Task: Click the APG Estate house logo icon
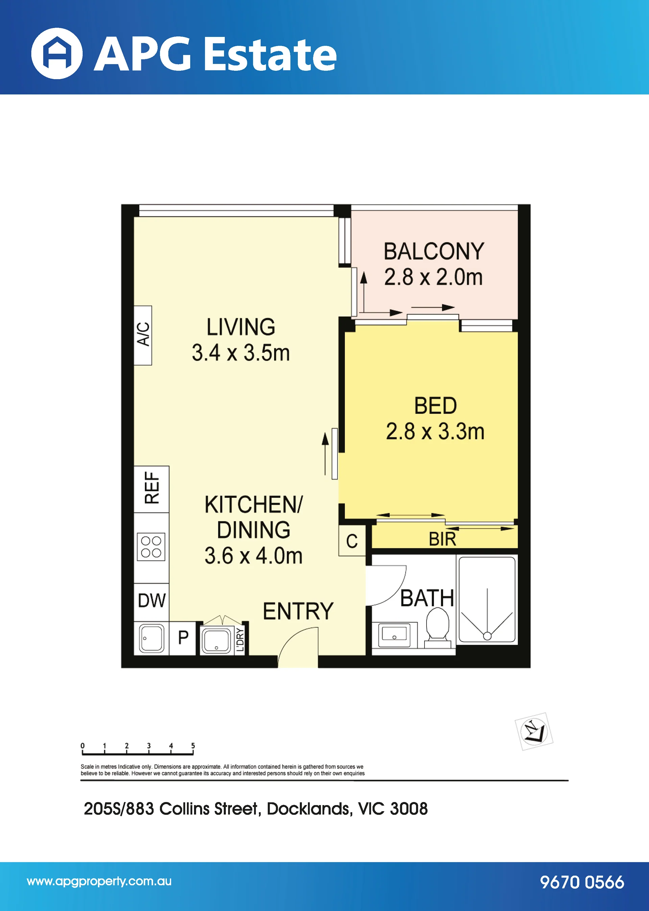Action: click(57, 53)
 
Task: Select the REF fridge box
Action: click(151, 489)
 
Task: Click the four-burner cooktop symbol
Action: click(151, 547)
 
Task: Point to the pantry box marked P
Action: click(183, 638)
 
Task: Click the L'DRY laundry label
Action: click(240, 639)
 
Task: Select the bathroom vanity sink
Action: click(394, 634)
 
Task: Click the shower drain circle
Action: click(487, 636)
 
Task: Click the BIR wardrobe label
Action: click(442, 539)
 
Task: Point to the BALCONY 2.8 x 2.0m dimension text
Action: click(434, 277)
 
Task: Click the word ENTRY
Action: click(298, 611)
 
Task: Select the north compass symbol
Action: click(534, 731)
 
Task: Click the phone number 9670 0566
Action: click(582, 882)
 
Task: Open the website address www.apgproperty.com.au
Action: click(99, 882)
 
